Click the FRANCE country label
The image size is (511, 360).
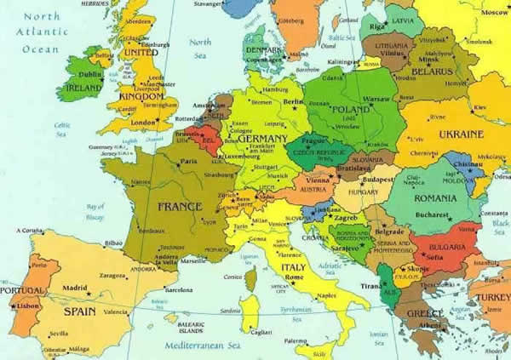click(179, 206)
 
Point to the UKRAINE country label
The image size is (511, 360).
click(460, 134)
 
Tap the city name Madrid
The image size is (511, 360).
click(73, 288)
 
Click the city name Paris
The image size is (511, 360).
click(187, 160)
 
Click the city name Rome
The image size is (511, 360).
click(293, 276)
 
